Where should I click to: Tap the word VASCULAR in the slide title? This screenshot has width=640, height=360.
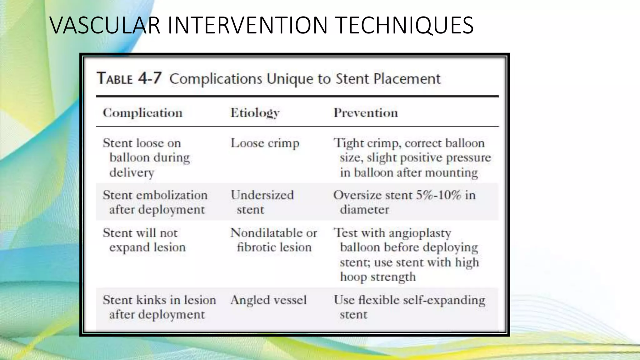point(105,25)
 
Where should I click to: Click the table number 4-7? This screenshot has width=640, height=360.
point(150,78)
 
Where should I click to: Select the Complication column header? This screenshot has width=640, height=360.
point(142,113)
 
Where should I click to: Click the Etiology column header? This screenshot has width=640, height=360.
point(255,113)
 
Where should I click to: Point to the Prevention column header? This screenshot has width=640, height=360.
point(366,113)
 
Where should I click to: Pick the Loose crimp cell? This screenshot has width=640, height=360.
point(265,143)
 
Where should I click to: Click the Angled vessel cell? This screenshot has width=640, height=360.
point(268,300)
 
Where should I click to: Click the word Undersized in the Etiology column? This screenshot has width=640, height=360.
point(262,195)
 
